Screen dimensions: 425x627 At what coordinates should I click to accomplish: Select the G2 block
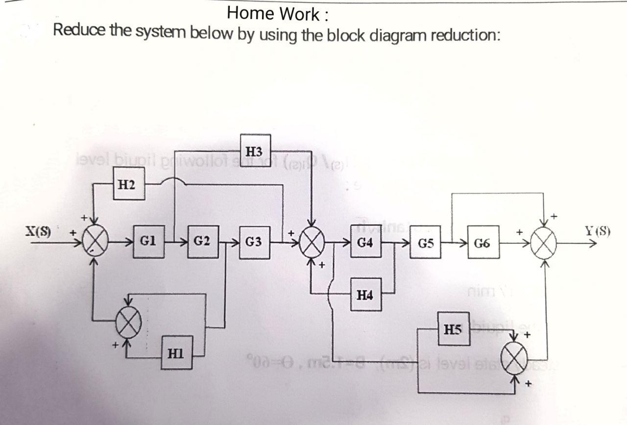point(201,241)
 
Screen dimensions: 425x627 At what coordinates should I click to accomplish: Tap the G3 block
point(253,242)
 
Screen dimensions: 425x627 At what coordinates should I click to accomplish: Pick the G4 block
point(364,242)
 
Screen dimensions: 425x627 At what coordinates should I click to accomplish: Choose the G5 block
point(425,242)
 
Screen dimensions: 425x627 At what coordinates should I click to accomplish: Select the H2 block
point(129,184)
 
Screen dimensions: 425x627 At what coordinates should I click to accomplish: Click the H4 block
point(365,295)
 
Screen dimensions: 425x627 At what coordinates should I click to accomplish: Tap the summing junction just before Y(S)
point(545,242)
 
